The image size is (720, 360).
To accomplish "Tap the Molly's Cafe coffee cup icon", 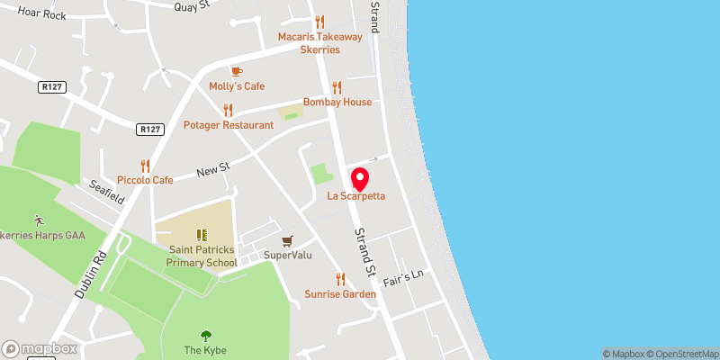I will point(237,70).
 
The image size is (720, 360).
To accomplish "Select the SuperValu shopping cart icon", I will point(287,240).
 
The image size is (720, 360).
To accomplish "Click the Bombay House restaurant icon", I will point(337,87).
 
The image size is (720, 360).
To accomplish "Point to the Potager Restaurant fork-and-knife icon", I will point(228,110).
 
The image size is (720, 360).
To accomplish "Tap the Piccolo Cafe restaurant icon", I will point(145,166).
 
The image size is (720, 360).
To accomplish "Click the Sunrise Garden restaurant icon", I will point(340,279).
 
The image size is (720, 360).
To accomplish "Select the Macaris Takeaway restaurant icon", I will point(319,22).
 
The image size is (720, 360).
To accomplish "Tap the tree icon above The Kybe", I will point(205,335).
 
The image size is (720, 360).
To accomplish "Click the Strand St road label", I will point(364,253).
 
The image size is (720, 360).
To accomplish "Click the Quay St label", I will point(192,5).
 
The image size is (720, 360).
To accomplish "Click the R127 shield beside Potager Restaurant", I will point(150,130).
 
